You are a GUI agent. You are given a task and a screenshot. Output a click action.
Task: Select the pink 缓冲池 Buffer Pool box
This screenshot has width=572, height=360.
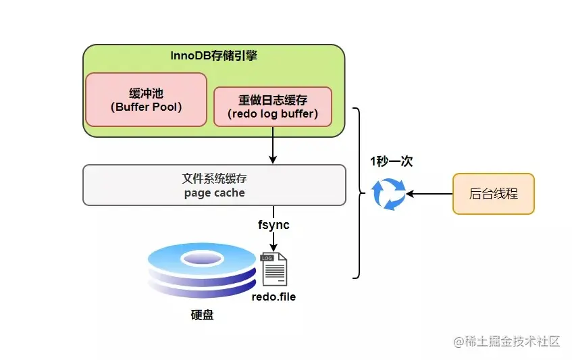[146, 99]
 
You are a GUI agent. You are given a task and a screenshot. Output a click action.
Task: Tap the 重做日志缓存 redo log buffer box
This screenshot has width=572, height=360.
[273, 106]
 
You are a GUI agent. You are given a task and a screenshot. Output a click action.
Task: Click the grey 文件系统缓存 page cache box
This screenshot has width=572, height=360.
[213, 185]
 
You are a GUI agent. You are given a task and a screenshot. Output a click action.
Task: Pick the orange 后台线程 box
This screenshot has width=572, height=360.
[493, 194]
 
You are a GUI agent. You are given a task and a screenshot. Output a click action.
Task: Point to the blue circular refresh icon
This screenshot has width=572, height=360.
[390, 194]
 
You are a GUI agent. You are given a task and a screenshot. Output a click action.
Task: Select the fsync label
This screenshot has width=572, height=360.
[273, 224]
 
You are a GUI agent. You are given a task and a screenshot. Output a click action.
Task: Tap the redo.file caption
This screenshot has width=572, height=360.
[274, 297]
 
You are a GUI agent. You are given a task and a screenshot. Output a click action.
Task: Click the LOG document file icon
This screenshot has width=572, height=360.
[274, 269]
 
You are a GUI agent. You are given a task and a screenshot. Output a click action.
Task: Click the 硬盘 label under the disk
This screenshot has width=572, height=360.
[201, 315]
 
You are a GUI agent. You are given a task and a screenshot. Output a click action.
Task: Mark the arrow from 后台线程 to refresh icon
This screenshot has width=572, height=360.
[430, 194]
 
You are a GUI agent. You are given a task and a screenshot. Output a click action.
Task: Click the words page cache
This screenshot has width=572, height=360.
[214, 192]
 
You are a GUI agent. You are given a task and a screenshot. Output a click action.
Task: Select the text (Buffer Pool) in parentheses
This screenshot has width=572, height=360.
[146, 107]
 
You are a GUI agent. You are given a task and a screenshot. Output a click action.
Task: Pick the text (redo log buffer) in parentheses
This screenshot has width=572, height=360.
[273, 113]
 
